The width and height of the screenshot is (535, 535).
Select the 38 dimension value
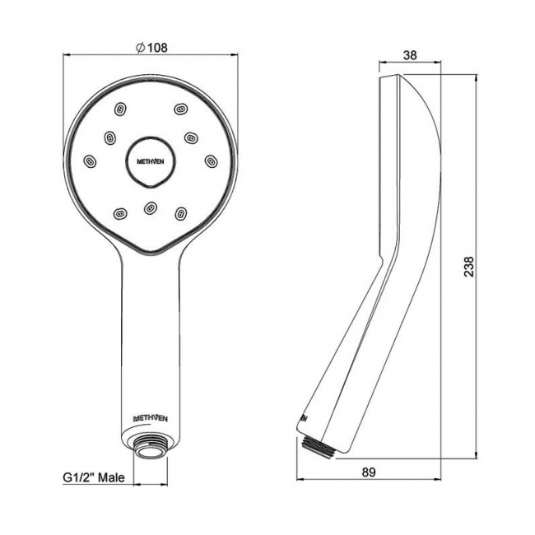pos(410,56)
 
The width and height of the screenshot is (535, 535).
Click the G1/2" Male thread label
pos(93,476)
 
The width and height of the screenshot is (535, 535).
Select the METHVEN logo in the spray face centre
pos(151,159)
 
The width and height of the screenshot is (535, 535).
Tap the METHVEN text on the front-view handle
pos(151,418)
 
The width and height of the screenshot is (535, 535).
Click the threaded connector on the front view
pos(151,449)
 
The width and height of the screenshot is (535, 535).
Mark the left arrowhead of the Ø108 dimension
pos(67,54)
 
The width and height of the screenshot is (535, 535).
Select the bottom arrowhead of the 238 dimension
pos(477,452)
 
